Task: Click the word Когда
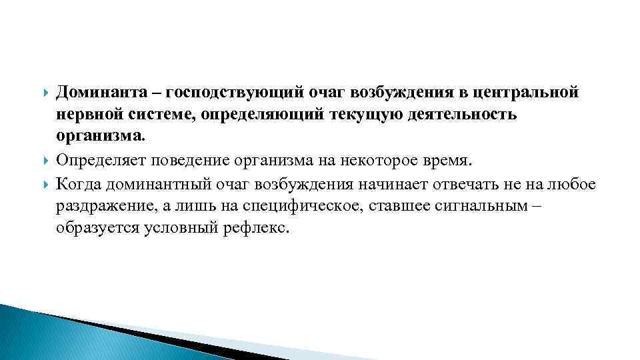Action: click(x=78, y=183)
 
